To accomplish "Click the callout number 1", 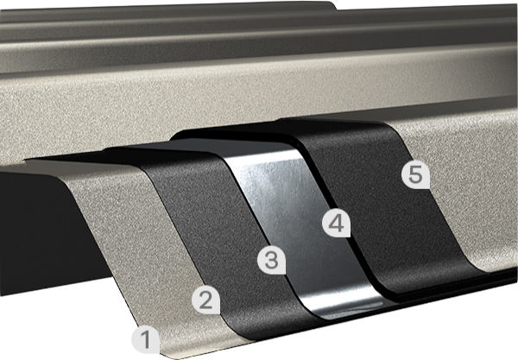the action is (146, 339).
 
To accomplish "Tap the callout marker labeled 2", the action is (206, 300).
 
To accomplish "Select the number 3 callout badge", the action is (272, 260).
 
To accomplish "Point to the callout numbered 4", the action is (337, 224).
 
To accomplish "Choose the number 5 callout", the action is (415, 174).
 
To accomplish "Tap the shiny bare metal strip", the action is (297, 224).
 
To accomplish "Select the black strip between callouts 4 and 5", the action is (390, 205).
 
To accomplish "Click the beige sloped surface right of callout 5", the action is (469, 185).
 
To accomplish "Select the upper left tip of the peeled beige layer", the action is (27, 161).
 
